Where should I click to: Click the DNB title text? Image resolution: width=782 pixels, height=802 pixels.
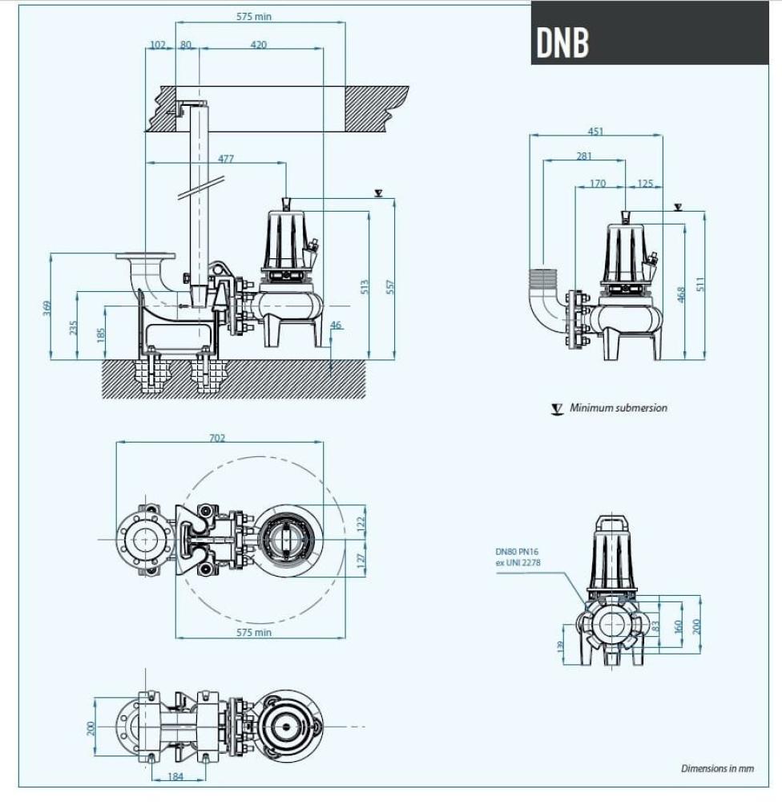562,43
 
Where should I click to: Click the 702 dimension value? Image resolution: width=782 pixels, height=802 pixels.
217,438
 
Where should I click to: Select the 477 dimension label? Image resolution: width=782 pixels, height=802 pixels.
226,159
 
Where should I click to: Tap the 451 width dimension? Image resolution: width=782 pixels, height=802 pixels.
595,132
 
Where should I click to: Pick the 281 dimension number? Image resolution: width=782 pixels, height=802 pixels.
584,156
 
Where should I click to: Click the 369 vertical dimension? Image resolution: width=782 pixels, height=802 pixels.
46,307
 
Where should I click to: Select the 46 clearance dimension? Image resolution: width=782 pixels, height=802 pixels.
336,325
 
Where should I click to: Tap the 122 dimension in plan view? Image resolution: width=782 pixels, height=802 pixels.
361,521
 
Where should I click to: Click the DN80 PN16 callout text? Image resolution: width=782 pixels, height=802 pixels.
518,557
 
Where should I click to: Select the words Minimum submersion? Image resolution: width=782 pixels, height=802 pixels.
618,407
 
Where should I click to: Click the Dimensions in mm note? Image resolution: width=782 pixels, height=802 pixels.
717,768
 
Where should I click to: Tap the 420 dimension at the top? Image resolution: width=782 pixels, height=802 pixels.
258,45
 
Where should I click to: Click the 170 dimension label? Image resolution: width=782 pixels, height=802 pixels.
598,184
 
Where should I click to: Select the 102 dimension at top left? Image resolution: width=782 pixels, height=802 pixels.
157,45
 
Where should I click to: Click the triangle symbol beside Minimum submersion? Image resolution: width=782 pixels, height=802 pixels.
557,408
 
